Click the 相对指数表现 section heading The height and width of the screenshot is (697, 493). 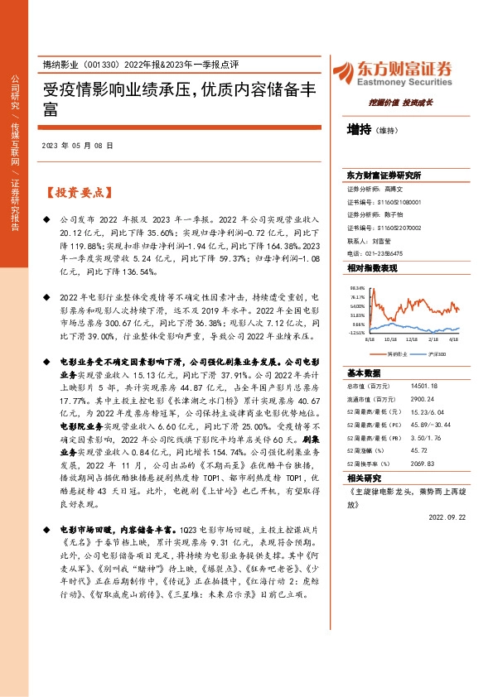pyautogui.click(x=372, y=269)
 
